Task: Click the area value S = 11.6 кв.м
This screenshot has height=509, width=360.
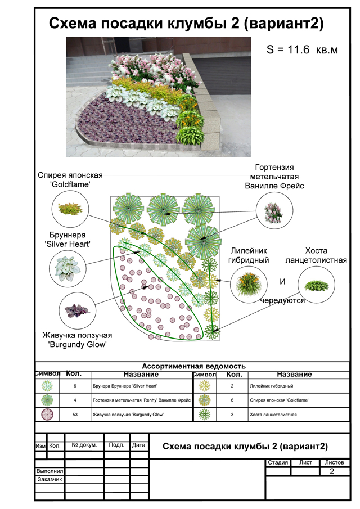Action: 302,50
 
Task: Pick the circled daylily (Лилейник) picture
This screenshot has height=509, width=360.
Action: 248,282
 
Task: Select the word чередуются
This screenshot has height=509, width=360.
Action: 282,301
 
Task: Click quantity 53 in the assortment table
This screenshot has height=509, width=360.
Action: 75,415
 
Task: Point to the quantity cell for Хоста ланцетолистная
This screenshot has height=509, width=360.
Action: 232,415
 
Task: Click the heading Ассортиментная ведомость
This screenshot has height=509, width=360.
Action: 193,366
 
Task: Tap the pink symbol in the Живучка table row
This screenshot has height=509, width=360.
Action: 47,415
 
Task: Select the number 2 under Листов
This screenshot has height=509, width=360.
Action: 332,471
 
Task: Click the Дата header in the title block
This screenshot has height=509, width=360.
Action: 138,445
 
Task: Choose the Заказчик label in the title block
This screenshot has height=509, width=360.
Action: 49,480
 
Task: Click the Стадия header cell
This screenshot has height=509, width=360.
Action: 278,463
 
